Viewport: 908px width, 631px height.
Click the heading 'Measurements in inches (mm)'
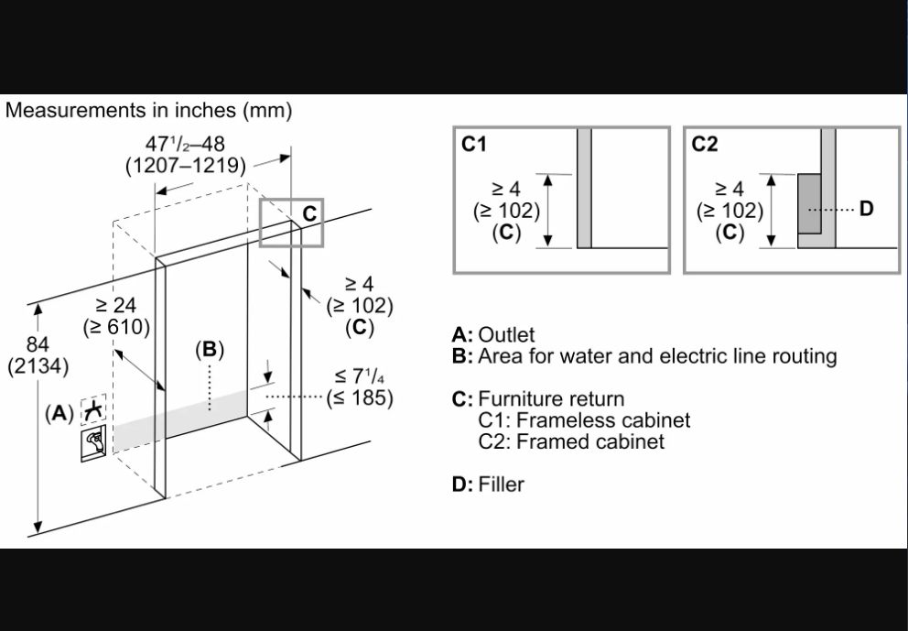coord(148,111)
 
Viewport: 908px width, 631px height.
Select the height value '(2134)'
coord(38,366)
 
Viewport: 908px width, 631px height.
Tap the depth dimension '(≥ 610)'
coord(116,327)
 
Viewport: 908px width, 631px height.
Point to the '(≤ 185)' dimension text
coord(359,397)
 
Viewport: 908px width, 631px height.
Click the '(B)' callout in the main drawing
coord(210,349)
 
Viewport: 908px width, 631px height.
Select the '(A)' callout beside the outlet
coord(59,413)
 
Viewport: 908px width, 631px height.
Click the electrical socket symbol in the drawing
coord(92,441)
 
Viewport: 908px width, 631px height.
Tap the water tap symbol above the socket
coord(92,410)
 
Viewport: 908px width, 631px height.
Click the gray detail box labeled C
coord(291,221)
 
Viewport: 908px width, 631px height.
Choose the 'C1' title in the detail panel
coord(473,145)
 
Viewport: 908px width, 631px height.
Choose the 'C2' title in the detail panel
coord(705,145)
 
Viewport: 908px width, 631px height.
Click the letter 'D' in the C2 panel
coord(866,209)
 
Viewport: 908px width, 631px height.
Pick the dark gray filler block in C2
coord(809,203)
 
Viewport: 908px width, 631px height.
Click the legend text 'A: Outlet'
coord(493,335)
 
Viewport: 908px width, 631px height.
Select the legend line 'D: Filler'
coord(488,484)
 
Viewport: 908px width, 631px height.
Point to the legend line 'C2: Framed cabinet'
coord(571,441)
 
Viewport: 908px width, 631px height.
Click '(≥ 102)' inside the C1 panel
coord(506,210)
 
